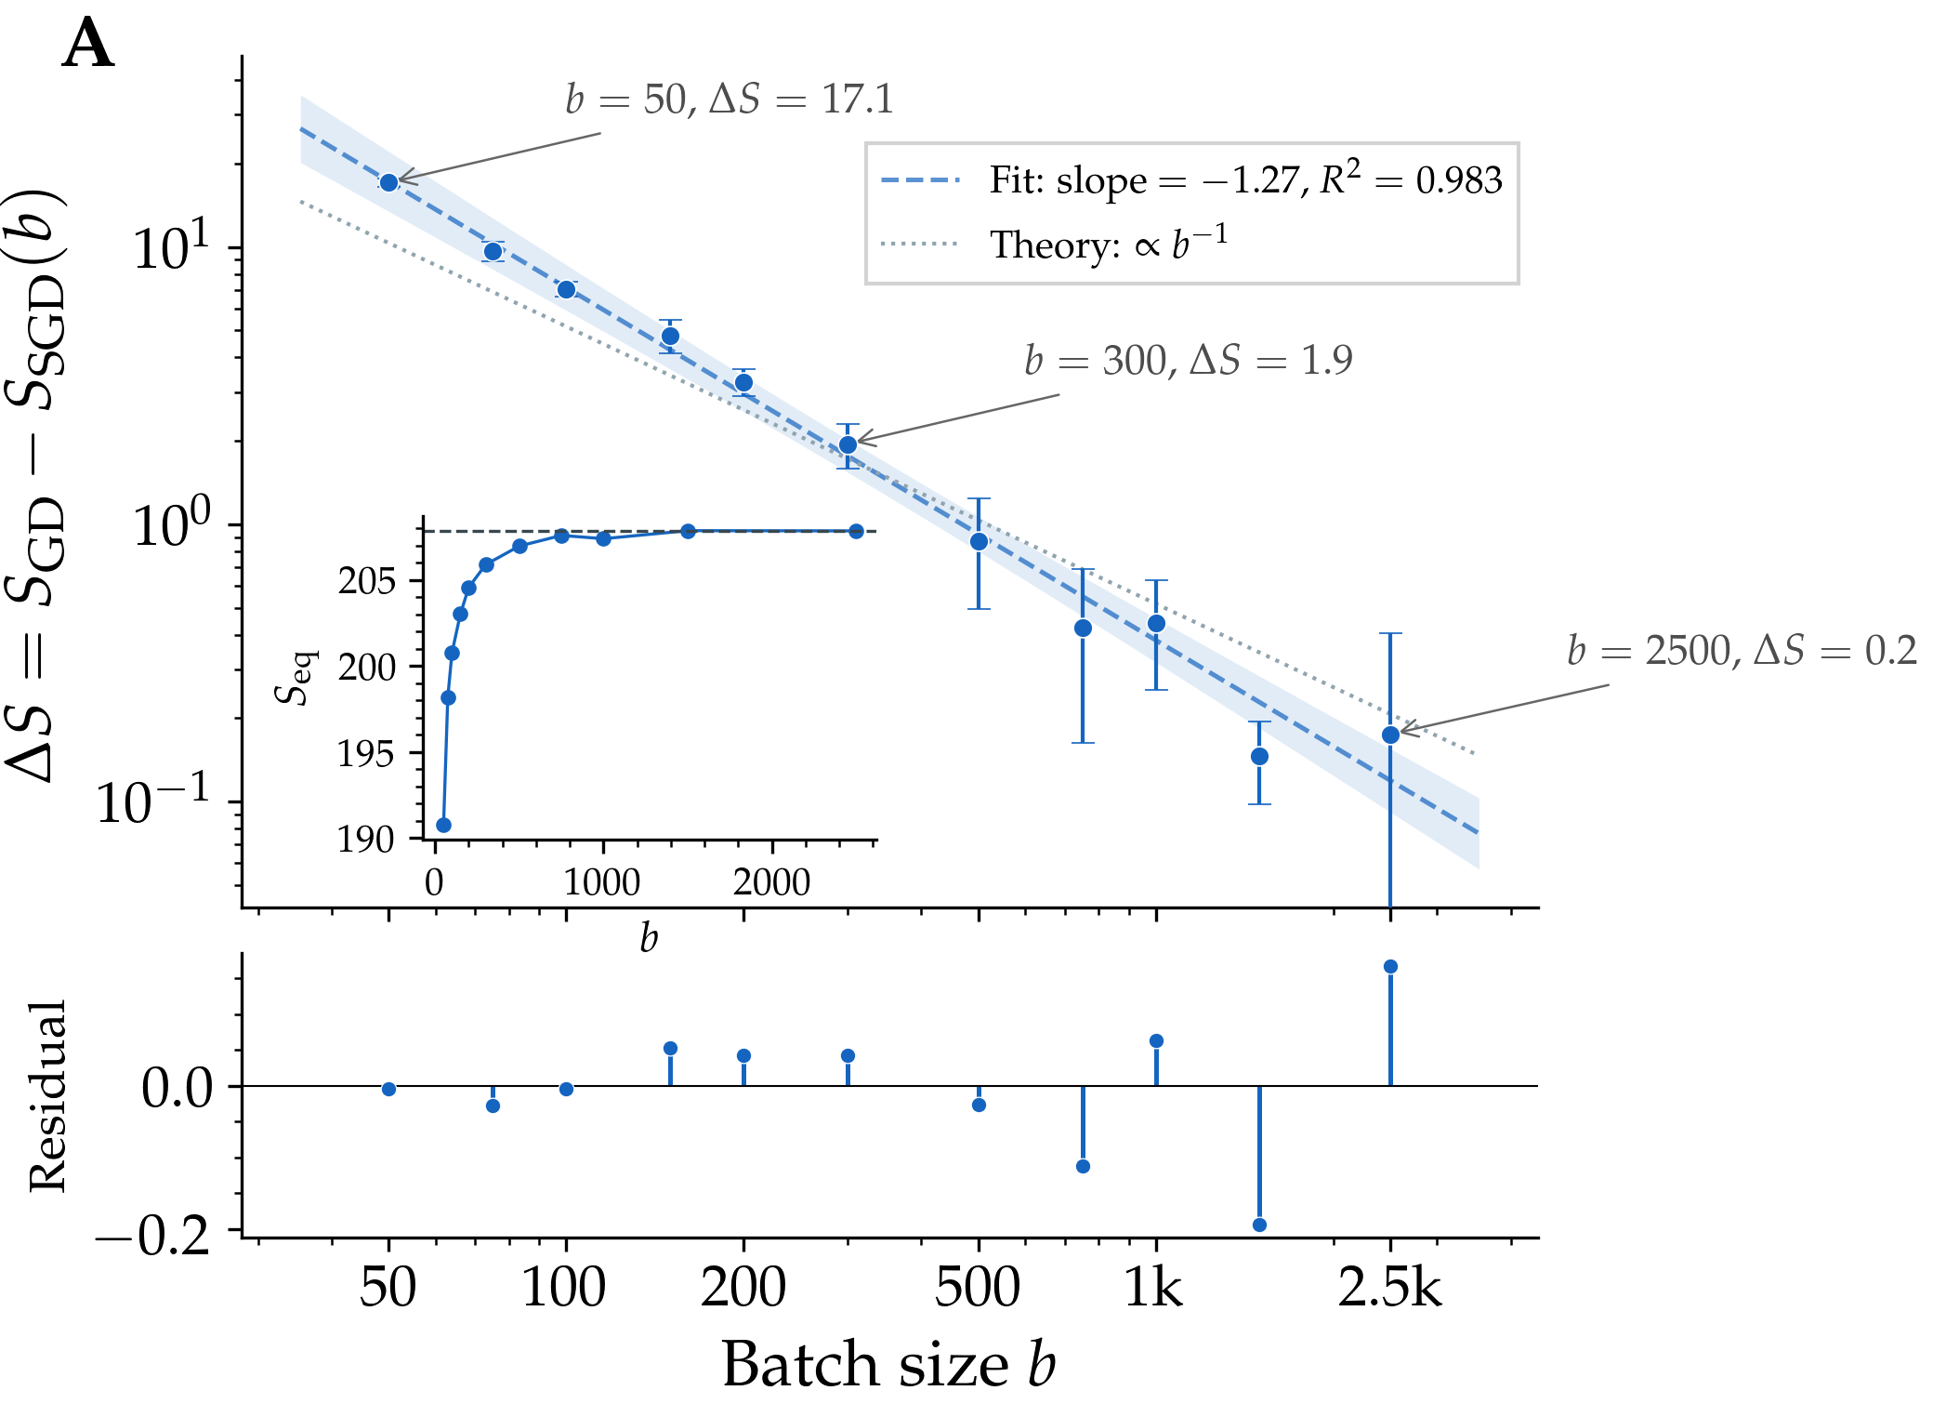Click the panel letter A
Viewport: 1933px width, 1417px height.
pos(88,45)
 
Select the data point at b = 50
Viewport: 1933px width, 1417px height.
pos(388,182)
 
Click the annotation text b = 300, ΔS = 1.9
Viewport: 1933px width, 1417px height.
pos(1188,360)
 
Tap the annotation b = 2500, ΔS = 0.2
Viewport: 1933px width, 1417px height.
pos(1741,650)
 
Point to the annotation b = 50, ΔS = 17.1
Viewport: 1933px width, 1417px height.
pos(730,99)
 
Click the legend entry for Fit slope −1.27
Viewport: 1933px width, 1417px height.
pos(1243,179)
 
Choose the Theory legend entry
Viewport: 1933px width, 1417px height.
pos(1108,245)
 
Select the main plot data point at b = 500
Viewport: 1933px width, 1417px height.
pos(979,541)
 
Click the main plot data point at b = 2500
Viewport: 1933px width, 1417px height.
pos(1390,735)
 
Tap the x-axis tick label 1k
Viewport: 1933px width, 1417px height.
pos(1153,1288)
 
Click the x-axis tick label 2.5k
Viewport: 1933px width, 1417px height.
pos(1389,1288)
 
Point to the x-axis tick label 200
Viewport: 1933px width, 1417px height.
pos(743,1288)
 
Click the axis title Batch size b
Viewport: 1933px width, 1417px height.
pos(888,1364)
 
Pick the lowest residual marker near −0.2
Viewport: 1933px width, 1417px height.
pos(1259,1225)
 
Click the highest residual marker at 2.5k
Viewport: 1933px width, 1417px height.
pos(1390,966)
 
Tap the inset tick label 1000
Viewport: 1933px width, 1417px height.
pos(602,881)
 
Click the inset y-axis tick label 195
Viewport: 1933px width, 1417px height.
pos(366,753)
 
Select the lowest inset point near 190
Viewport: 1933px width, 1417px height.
pos(443,825)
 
